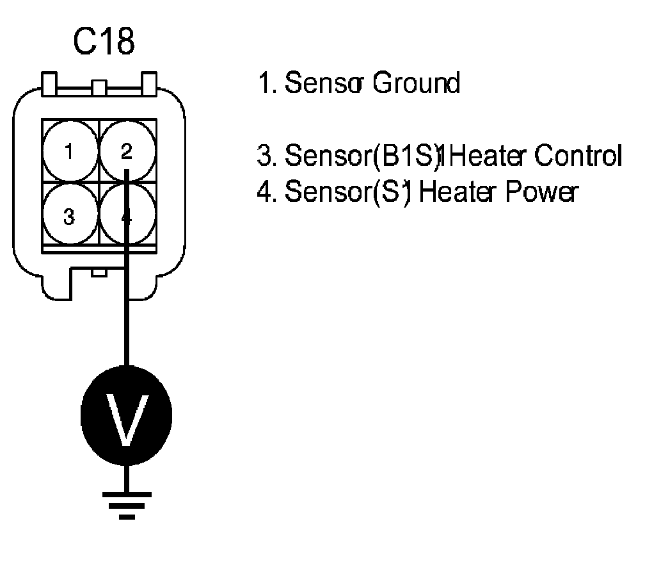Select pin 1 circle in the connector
pyautogui.click(x=70, y=152)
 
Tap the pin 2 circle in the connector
pyautogui.click(x=126, y=152)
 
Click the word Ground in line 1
pyautogui.click(x=416, y=83)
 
